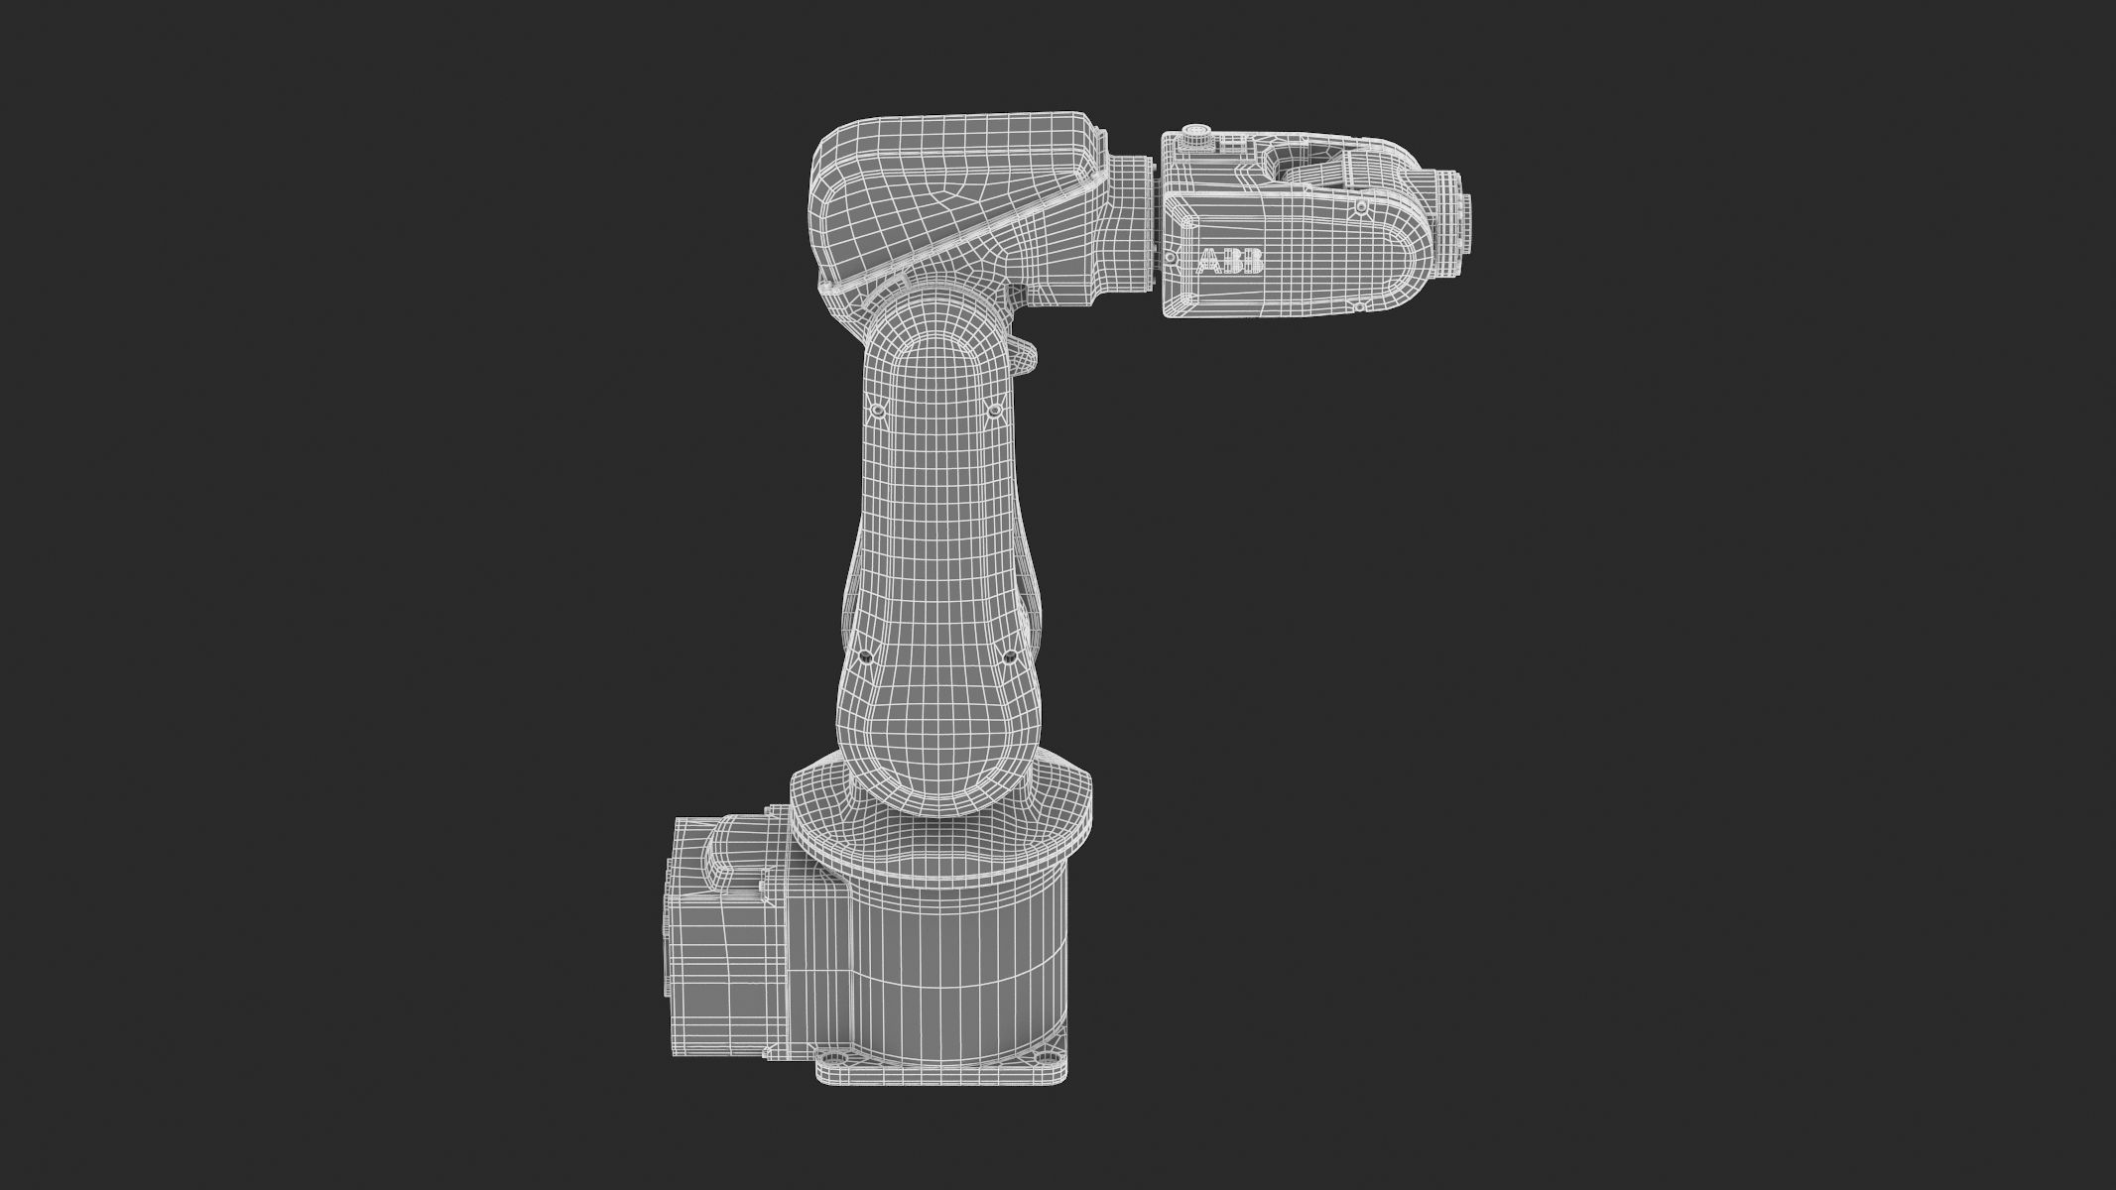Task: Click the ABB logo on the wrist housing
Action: coord(1230,262)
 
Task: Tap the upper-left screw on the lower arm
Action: coord(877,410)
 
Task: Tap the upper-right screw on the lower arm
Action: coord(992,410)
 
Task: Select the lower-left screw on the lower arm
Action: coord(863,655)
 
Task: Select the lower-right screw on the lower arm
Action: coord(1008,655)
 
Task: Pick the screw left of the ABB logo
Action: coord(1171,260)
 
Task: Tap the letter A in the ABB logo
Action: coord(1211,262)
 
